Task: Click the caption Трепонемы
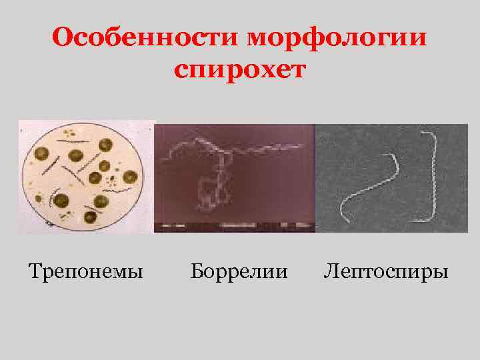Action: point(86,271)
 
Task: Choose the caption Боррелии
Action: point(239,271)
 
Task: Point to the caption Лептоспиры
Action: point(386,271)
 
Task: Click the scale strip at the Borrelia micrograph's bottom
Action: point(233,227)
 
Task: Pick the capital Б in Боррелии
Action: point(196,271)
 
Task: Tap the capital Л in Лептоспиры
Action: point(331,271)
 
